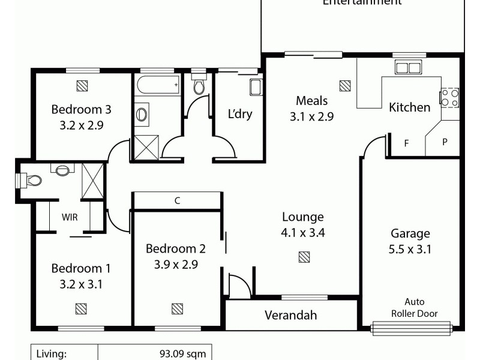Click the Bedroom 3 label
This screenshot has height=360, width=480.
click(81, 109)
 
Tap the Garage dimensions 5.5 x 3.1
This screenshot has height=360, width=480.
click(410, 249)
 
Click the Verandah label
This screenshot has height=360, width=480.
click(290, 315)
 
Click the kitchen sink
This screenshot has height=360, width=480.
click(409, 67)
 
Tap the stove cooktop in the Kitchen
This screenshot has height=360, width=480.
click(450, 98)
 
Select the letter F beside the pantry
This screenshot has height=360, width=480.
click(406, 143)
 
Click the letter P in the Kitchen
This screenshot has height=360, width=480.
click(445, 142)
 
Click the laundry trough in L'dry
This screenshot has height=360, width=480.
click(256, 87)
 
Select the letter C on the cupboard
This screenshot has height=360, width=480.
click(177, 201)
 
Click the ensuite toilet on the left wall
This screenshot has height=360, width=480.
click(30, 179)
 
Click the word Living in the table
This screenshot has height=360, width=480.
click(52, 354)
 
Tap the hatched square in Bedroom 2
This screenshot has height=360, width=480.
click(177, 308)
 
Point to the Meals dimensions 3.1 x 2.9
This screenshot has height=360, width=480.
click(311, 117)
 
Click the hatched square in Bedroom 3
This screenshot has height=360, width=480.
click(83, 85)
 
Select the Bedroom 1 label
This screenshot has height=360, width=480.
click(81, 268)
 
